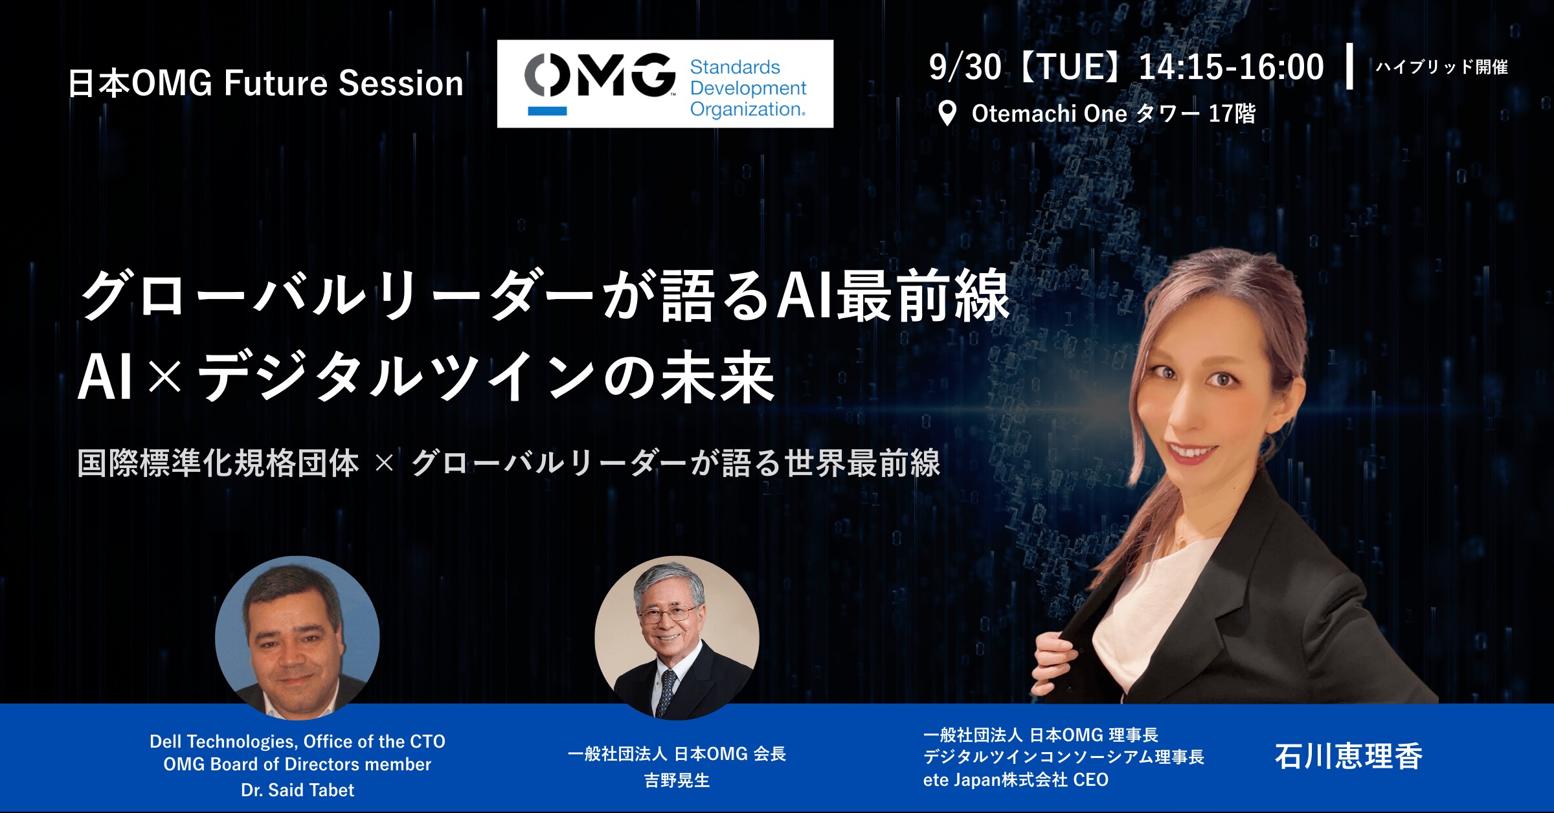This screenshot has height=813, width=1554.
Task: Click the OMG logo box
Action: click(x=665, y=84)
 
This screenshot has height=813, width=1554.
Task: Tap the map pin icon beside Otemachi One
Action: click(x=947, y=114)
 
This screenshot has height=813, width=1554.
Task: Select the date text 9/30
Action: click(x=964, y=67)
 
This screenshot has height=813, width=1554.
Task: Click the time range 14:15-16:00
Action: click(x=1231, y=67)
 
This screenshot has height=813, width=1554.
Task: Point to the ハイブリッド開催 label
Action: click(x=1441, y=67)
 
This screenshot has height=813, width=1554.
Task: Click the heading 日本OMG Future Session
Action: click(x=265, y=84)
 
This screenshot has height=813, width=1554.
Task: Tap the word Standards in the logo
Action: click(x=735, y=67)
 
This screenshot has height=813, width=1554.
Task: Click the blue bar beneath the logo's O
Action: click(x=547, y=111)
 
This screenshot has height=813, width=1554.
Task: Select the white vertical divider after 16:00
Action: click(x=1349, y=66)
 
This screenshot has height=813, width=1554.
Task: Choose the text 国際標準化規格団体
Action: click(x=218, y=463)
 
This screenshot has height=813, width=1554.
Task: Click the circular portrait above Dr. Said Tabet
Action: click(x=297, y=638)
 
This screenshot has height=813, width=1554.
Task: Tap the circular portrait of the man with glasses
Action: click(x=677, y=638)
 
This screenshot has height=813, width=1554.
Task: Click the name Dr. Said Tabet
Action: click(x=297, y=790)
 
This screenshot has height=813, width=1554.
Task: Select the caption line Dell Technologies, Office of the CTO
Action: click(x=297, y=742)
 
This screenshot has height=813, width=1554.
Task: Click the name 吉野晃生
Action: click(x=677, y=781)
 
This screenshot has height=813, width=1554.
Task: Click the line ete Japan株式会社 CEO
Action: click(x=1015, y=780)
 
